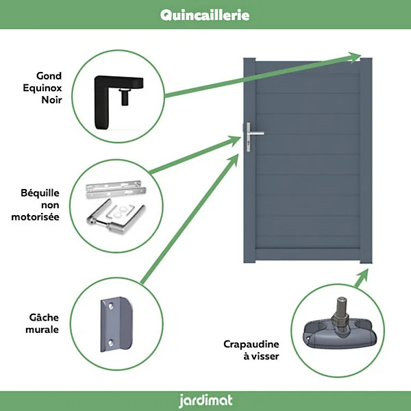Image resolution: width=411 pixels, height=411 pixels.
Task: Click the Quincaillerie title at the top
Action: (205, 15)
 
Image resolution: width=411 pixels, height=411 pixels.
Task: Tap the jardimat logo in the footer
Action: (206, 401)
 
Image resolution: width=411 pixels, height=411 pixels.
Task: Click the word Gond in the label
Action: (49, 76)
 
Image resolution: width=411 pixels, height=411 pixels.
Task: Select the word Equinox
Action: (42, 88)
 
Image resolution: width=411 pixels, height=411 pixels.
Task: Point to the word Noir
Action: (51, 99)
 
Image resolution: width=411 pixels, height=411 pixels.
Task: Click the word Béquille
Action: (40, 193)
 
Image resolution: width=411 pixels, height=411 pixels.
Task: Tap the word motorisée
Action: (35, 216)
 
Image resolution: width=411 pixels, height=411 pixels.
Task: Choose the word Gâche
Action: (44, 317)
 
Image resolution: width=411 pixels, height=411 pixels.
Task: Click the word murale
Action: (42, 329)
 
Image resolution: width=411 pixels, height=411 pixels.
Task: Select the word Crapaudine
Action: (251, 344)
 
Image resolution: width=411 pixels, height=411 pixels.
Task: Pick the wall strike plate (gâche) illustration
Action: (116, 324)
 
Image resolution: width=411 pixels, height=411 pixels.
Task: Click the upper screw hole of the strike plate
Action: (111, 306)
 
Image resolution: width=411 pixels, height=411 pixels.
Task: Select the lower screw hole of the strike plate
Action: (111, 342)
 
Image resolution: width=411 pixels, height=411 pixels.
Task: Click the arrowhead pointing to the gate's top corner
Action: (354, 58)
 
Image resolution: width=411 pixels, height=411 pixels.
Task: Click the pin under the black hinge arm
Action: (125, 97)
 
